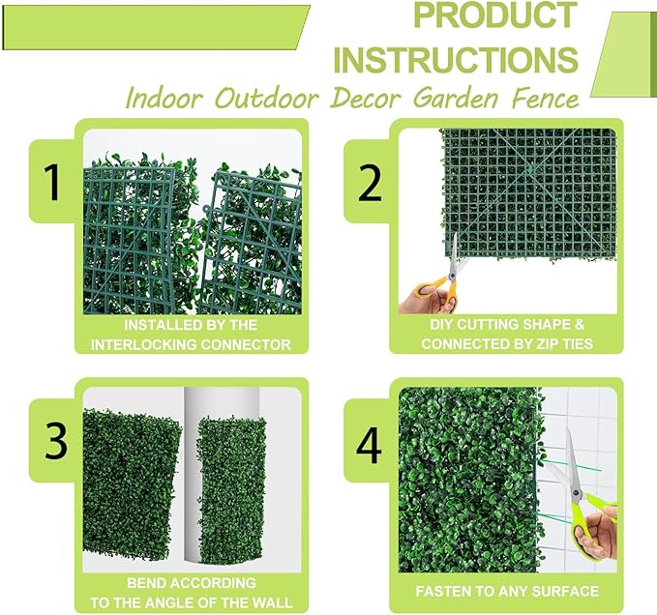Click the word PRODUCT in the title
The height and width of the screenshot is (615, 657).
click(x=493, y=16)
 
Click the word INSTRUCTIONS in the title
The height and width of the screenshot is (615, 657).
click(x=456, y=59)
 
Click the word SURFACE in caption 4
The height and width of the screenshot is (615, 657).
click(x=565, y=591)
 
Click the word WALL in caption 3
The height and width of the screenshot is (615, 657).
click(x=268, y=601)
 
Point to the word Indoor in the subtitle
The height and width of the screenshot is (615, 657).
click(x=161, y=99)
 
